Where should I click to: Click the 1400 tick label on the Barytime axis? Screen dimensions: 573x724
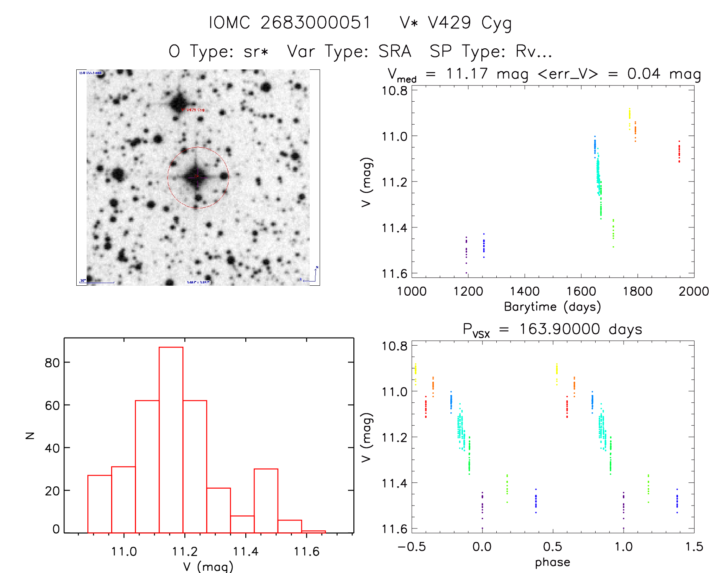(525, 291)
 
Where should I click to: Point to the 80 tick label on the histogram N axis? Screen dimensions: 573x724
(52, 363)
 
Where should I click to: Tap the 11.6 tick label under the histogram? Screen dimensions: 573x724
(306, 552)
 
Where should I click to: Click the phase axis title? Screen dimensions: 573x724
(552, 562)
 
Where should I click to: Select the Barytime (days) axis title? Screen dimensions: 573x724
(552, 307)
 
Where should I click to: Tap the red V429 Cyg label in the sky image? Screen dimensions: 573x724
(193, 110)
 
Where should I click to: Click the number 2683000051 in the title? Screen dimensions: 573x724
(316, 23)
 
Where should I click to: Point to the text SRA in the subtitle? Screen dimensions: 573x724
(395, 51)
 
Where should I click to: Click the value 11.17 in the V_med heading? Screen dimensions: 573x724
(467, 74)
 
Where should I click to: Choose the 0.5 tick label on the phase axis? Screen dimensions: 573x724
(552, 547)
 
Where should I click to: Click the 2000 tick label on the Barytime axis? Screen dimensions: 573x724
(693, 291)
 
